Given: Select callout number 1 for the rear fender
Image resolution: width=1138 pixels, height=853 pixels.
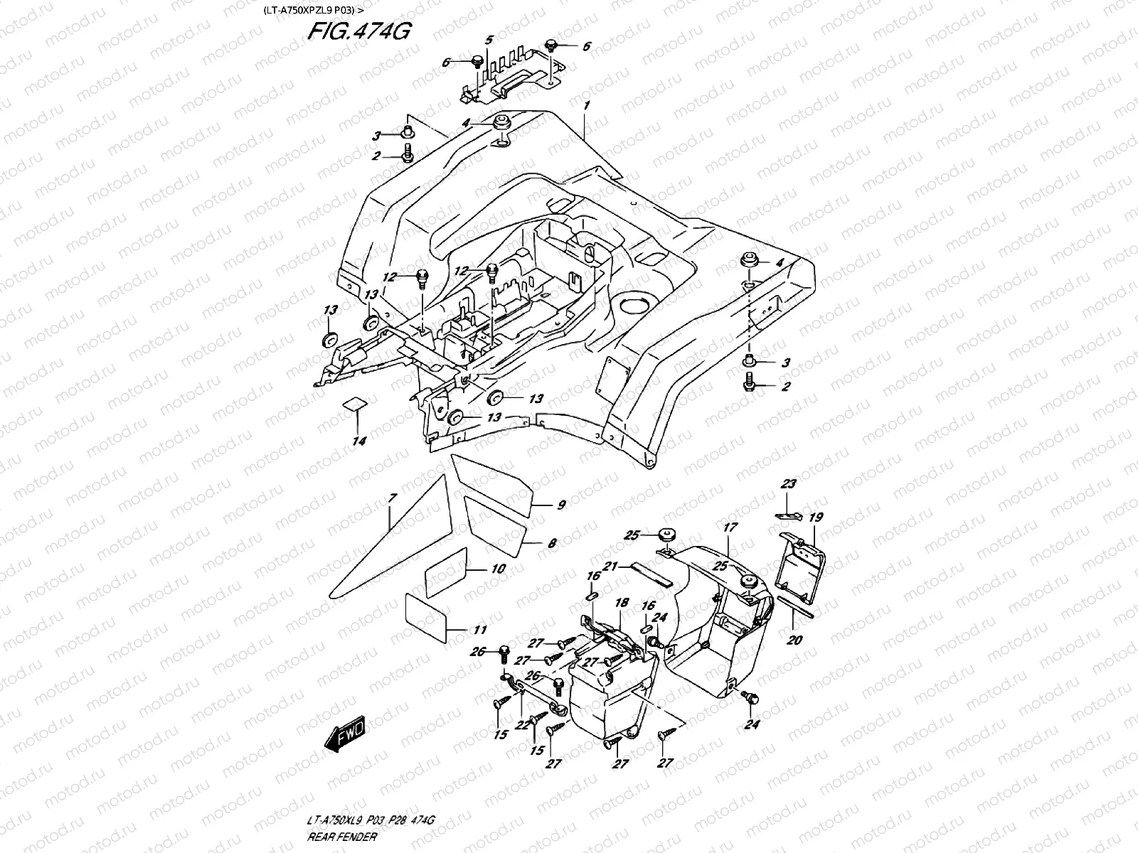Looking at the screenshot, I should [587, 105].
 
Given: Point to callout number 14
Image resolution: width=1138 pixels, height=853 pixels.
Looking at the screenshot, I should [359, 441].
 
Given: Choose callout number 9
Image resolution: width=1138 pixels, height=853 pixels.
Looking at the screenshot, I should [560, 505].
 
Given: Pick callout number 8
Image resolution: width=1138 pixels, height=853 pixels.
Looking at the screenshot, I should [552, 544].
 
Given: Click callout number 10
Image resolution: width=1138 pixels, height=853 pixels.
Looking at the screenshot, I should [498, 569].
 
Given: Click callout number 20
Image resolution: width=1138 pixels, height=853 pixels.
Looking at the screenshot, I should [794, 640].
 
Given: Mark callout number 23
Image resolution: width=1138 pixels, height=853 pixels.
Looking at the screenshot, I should [788, 484].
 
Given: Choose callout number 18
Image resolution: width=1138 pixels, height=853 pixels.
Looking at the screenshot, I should [622, 603].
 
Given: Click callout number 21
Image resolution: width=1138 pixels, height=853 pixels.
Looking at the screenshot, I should [609, 566].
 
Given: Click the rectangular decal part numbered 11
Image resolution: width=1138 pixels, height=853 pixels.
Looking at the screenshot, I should [425, 613].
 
